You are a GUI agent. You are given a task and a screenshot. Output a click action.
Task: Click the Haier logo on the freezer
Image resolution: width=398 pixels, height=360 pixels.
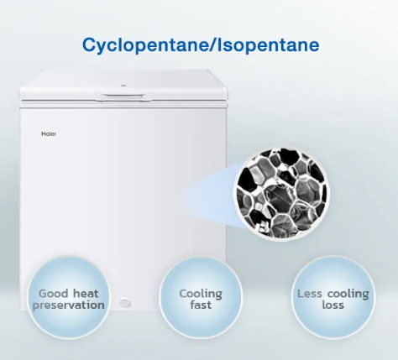49,133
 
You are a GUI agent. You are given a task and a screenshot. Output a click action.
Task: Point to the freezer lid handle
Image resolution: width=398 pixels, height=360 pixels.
123,96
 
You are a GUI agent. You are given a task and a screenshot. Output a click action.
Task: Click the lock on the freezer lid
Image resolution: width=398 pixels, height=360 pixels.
123,86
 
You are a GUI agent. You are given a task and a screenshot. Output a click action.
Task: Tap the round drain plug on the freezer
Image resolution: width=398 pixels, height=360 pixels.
125,303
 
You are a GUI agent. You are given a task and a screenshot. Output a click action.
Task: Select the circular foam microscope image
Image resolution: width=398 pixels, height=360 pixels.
282,193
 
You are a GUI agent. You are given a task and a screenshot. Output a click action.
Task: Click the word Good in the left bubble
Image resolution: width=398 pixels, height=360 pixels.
53,294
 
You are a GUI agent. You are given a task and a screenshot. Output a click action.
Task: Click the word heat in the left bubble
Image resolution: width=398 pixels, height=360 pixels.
86,294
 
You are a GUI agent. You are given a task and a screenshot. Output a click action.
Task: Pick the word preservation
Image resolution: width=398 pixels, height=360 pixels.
69,305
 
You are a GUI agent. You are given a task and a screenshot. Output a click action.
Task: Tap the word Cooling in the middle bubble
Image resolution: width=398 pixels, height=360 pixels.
201,295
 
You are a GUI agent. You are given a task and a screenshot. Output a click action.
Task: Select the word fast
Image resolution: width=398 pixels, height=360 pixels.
201,305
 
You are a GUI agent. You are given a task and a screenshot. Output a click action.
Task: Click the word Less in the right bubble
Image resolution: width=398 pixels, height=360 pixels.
310,294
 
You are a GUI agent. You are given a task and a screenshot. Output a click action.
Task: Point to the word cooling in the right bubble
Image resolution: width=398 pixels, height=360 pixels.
348,295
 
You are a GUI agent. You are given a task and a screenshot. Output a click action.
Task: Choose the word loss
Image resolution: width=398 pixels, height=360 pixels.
333,305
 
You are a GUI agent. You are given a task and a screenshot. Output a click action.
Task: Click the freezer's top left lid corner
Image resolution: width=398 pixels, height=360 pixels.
19,90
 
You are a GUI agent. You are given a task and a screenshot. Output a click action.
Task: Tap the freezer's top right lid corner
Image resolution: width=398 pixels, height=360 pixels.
226,90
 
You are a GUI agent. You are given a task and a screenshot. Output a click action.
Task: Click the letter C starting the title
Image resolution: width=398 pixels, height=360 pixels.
89,45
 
